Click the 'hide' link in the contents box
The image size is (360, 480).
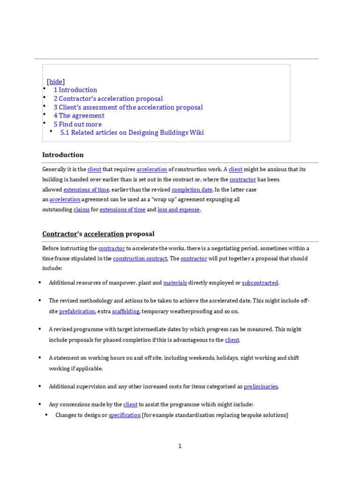56,82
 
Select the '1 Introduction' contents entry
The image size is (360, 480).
75,90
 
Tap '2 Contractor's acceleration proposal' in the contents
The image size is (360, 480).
108,98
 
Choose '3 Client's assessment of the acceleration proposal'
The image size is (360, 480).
128,107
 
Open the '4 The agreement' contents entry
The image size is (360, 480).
79,116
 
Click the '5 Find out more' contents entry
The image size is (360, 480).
77,124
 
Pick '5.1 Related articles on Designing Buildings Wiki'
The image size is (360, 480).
132,133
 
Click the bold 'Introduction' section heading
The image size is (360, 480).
63,155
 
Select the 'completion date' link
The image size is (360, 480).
192,189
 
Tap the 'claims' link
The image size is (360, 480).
81,210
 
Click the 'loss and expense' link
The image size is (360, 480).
179,210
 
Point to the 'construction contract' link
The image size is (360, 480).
140,258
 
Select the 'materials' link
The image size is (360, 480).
175,283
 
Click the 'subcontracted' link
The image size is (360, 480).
260,283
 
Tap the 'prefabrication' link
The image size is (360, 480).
77,311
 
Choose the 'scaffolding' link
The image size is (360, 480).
125,311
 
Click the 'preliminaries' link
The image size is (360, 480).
261,387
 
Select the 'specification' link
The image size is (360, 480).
125,415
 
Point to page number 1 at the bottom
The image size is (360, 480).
180,446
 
